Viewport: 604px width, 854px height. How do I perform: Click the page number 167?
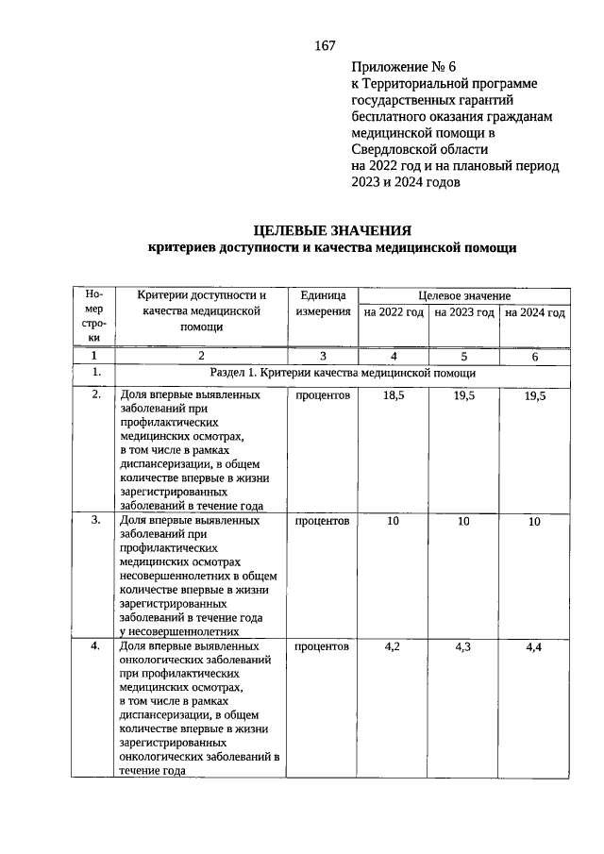tap(325, 45)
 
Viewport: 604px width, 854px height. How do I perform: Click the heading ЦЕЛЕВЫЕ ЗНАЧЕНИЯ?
tap(333, 230)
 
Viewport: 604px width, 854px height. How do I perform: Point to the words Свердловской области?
tap(419, 149)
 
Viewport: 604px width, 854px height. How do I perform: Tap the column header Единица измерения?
tap(323, 304)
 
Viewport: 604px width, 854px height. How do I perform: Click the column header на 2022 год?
tap(394, 312)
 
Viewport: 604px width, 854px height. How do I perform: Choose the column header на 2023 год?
tap(463, 312)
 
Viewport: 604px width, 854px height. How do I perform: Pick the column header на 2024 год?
tap(534, 312)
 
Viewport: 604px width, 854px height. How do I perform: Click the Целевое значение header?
tap(463, 295)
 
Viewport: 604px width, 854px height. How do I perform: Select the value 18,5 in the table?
tap(394, 396)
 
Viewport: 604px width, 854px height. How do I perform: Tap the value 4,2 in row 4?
tap(394, 647)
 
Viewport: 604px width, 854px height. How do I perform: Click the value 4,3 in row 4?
tap(463, 647)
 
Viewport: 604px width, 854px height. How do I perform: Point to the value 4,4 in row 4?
tap(534, 647)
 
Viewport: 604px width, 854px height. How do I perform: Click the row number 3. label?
tap(94, 521)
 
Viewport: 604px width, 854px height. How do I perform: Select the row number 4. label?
tap(94, 647)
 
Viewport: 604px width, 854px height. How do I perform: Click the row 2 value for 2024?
tap(534, 396)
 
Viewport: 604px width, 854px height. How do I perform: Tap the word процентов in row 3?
tap(323, 521)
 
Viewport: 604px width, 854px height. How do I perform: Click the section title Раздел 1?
tap(344, 374)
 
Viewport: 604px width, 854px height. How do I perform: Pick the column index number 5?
tap(463, 356)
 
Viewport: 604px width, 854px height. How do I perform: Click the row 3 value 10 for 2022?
tap(394, 521)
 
